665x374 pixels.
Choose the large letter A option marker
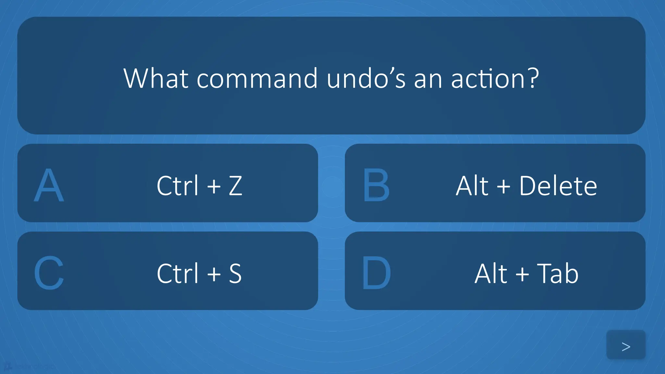[x=49, y=185]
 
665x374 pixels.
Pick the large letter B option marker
[x=376, y=185]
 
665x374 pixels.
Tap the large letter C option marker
[x=49, y=273]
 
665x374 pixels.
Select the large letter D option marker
[x=376, y=273]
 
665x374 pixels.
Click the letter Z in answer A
[x=235, y=186]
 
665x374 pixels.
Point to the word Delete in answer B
[x=558, y=186]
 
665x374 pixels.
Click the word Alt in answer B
[x=472, y=186]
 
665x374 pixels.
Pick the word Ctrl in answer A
[x=177, y=186]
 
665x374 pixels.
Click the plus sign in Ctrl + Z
[x=214, y=187]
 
